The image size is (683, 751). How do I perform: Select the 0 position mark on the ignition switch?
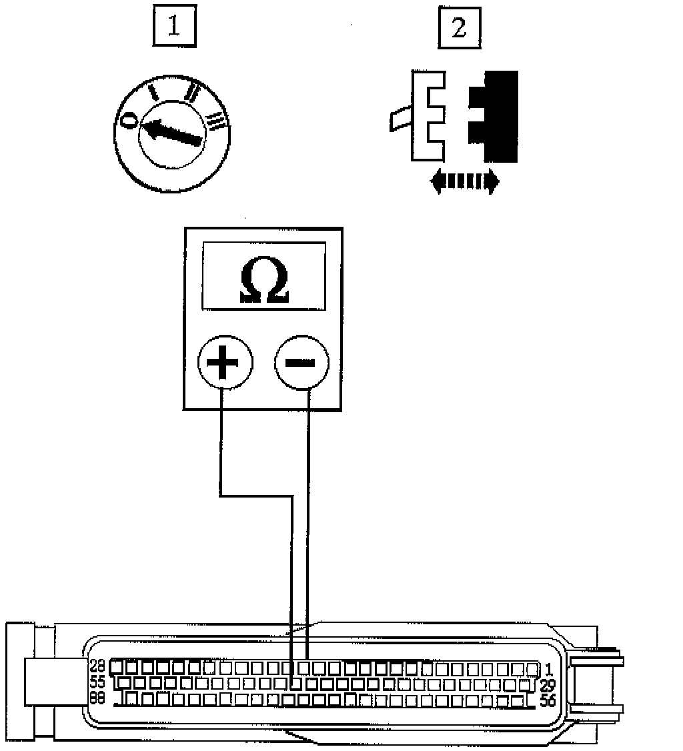[129, 119]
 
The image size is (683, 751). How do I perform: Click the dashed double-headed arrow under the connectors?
[465, 181]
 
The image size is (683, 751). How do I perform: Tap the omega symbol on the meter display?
[263, 283]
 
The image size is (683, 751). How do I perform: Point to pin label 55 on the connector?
[97, 683]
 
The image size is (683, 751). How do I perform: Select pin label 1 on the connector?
[548, 668]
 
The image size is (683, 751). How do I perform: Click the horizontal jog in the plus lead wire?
[256, 496]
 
